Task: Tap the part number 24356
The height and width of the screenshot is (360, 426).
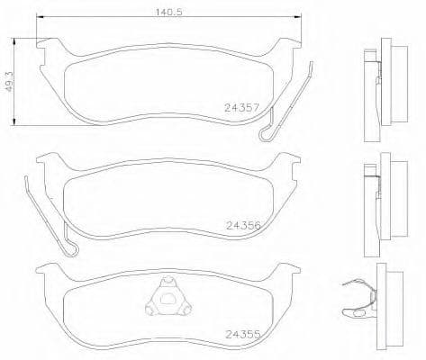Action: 243,225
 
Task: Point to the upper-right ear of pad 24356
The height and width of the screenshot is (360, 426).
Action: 290,162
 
